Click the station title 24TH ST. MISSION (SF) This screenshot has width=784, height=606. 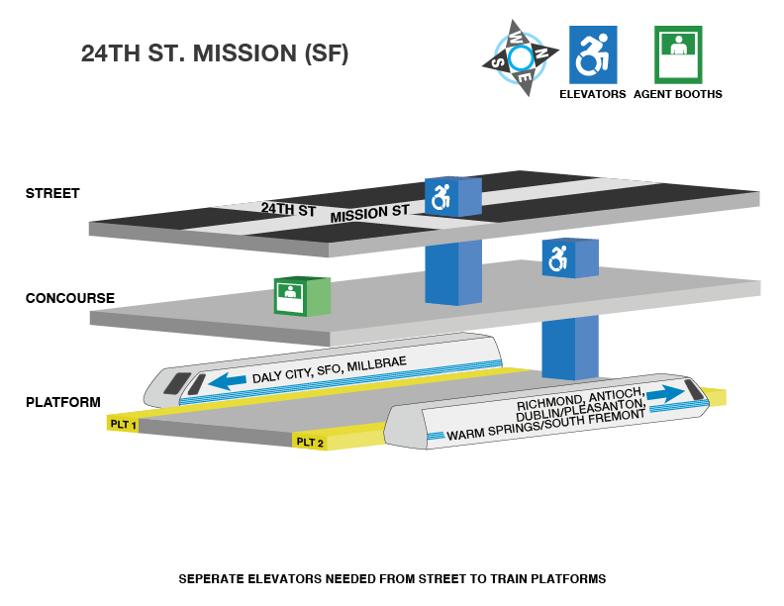pyautogui.click(x=215, y=54)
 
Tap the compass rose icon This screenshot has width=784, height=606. pyautogui.click(x=521, y=58)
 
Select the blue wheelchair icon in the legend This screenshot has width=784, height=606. pyautogui.click(x=593, y=54)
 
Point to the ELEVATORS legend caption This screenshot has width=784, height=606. pyautogui.click(x=593, y=94)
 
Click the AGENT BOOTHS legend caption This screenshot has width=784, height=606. pyautogui.click(x=678, y=94)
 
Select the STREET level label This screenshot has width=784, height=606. pyautogui.click(x=52, y=193)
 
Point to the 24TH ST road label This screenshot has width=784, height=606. pyautogui.click(x=288, y=210)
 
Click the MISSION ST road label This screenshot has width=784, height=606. pyautogui.click(x=369, y=213)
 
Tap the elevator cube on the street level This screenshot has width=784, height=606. pyautogui.click(x=452, y=197)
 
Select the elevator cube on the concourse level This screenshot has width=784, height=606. pyautogui.click(x=569, y=258)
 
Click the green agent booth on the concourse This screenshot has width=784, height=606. pyautogui.click(x=301, y=296)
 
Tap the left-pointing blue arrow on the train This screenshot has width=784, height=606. pyautogui.click(x=227, y=380)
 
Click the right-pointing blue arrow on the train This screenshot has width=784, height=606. pyautogui.click(x=665, y=393)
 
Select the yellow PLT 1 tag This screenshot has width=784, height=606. pyautogui.click(x=123, y=424)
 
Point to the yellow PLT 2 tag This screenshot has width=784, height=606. pyautogui.click(x=310, y=442)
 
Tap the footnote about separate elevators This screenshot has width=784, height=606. pyautogui.click(x=391, y=578)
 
